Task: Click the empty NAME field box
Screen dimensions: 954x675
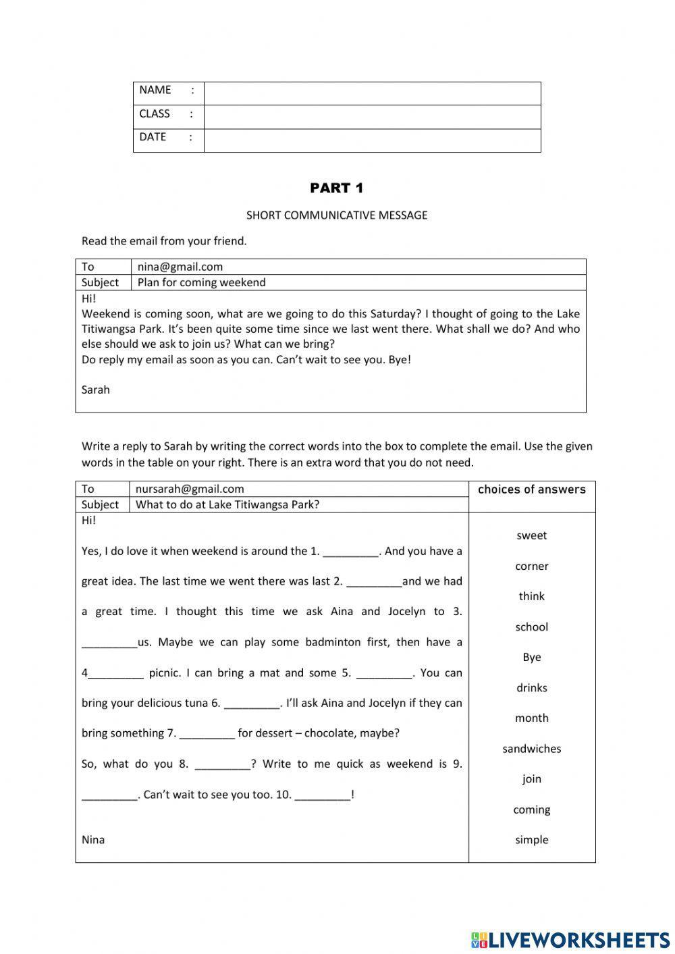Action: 372,93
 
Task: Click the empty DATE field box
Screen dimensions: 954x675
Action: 372,140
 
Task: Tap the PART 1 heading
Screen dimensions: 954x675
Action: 337,188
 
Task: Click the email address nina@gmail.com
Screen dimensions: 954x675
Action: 180,267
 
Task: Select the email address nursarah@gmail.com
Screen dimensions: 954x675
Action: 190,489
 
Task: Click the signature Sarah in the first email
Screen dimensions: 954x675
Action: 95,390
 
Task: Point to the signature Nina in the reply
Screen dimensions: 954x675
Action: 93,840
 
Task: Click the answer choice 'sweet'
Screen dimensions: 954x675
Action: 532,535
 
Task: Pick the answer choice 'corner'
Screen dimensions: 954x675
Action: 532,566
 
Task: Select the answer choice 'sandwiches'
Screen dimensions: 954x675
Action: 532,749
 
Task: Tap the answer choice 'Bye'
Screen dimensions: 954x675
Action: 532,658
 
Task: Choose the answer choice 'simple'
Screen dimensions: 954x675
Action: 532,840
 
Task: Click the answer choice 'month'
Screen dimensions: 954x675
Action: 532,718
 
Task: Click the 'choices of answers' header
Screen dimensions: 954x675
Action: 532,489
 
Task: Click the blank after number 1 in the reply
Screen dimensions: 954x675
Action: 351,552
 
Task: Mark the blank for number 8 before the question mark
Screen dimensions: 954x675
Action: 223,765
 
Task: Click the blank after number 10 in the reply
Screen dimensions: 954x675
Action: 323,795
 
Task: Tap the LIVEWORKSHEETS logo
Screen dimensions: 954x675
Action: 570,939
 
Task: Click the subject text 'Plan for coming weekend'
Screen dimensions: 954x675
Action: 201,282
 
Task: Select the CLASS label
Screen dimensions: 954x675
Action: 155,113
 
